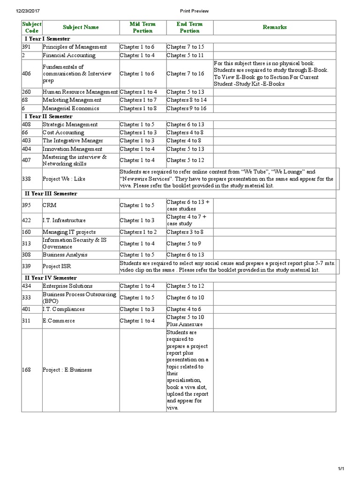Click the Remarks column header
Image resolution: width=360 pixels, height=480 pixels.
click(x=274, y=27)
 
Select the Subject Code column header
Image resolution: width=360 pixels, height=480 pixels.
click(x=31, y=27)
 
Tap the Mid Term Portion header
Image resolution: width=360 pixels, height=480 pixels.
click(x=142, y=27)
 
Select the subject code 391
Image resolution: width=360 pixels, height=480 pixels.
click(x=26, y=47)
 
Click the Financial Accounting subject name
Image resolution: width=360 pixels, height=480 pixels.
click(x=69, y=55)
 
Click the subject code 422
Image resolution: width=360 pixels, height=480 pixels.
click(x=27, y=220)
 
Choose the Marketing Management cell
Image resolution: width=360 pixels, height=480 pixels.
click(x=72, y=100)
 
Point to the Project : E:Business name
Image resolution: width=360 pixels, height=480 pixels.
click(x=67, y=370)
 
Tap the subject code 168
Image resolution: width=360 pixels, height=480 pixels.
click(x=27, y=370)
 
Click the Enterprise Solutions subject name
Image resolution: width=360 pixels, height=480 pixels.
click(x=67, y=286)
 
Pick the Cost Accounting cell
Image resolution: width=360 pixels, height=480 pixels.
click(x=64, y=133)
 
